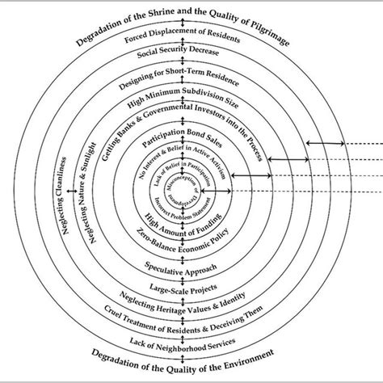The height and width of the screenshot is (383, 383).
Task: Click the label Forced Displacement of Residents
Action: pos(184,40)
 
